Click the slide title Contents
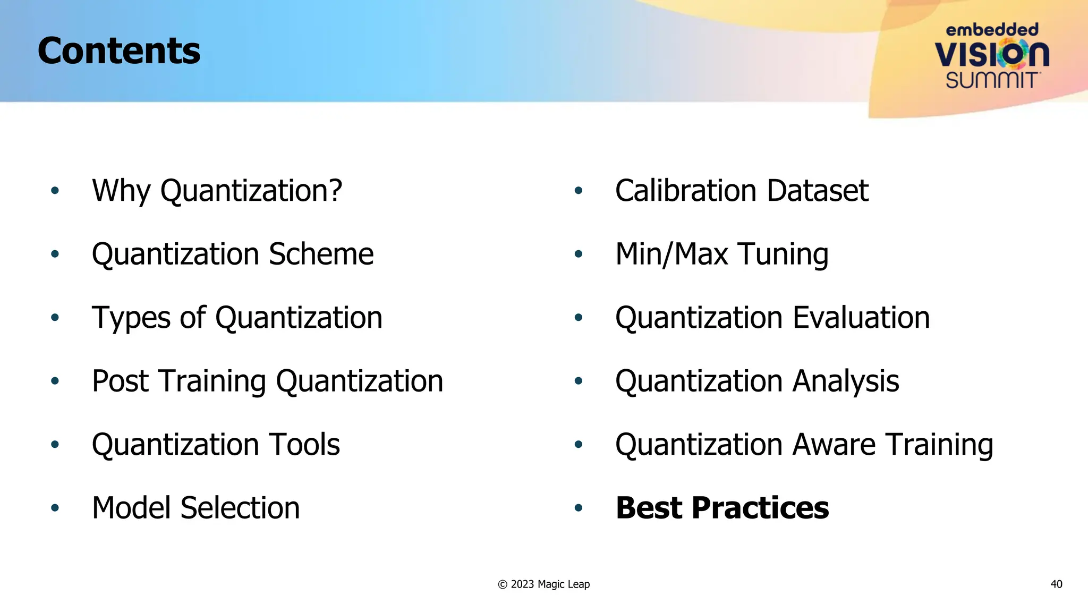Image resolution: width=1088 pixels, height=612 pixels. tap(119, 51)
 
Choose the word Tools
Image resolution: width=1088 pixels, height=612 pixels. tap(304, 445)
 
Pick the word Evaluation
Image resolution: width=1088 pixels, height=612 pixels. tap(861, 318)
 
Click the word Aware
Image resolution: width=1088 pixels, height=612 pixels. tap(834, 445)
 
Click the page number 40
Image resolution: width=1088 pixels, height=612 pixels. tap(1056, 584)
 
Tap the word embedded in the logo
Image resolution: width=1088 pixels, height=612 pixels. tap(992, 30)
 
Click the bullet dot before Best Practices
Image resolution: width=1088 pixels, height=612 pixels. tap(579, 508)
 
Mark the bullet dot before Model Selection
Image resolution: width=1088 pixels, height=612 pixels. tap(55, 508)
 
